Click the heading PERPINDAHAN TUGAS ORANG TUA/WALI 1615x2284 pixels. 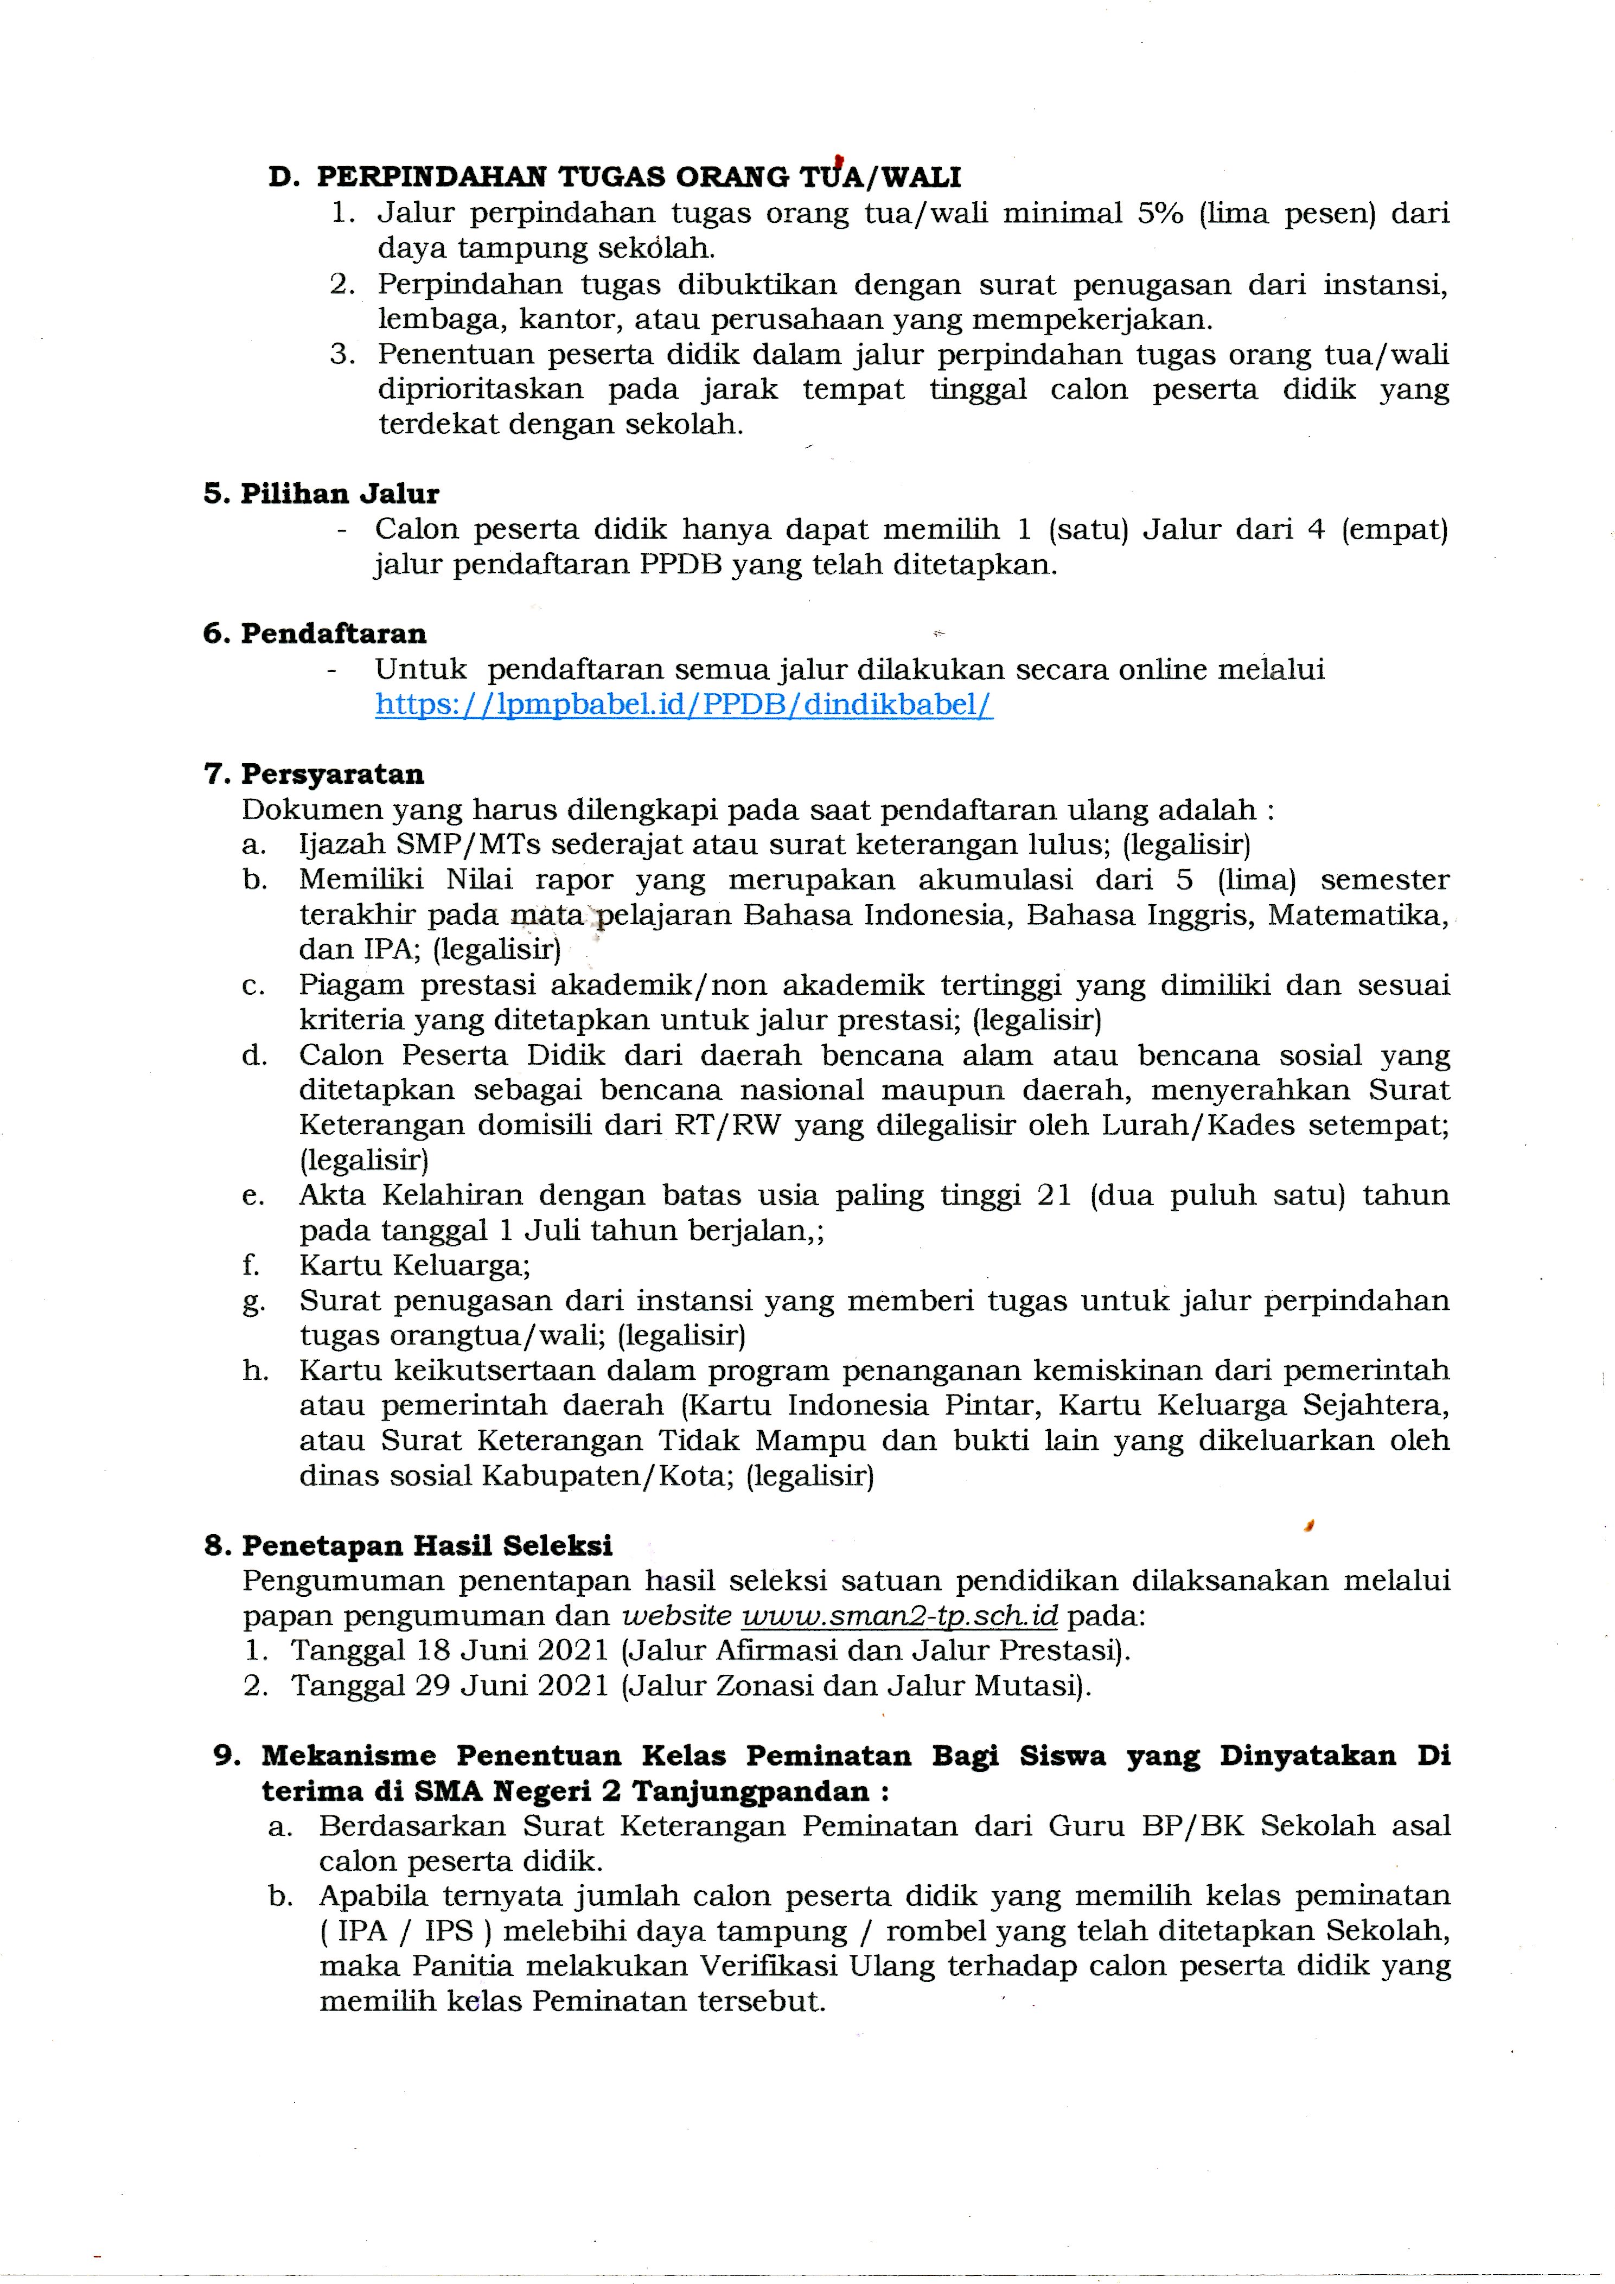639,177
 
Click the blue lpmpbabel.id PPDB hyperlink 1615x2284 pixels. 684,705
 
